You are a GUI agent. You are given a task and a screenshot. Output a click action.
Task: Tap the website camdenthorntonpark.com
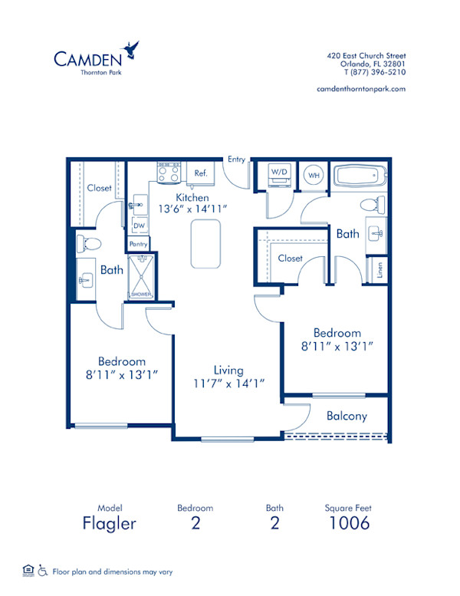[360, 89]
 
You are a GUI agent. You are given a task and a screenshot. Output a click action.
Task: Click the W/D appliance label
[278, 173]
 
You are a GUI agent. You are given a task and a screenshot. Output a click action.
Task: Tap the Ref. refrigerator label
[201, 173]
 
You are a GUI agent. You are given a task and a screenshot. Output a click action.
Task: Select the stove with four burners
[169, 173]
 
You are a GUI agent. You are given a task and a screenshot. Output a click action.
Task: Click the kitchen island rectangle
[205, 244]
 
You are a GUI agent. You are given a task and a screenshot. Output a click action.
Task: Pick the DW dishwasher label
[140, 226]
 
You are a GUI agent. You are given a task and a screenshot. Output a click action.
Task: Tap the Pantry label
[139, 244]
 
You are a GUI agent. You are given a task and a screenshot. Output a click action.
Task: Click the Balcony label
[347, 417]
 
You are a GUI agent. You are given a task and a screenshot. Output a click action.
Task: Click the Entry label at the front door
[236, 160]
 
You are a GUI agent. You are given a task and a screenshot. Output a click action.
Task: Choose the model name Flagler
[110, 523]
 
